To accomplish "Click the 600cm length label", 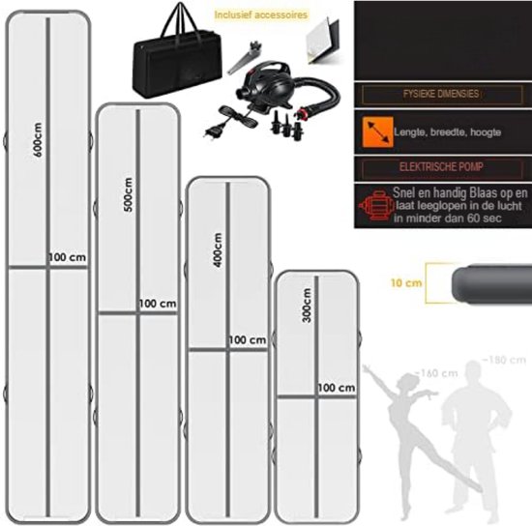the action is pyautogui.click(x=38, y=140).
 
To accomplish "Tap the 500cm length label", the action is pyautogui.click(x=129, y=194).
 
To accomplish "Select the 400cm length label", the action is pyautogui.click(x=219, y=249).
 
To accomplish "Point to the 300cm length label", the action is pyautogui.click(x=307, y=306).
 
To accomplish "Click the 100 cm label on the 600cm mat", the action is pyautogui.click(x=68, y=257).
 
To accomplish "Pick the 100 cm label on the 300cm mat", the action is pyautogui.click(x=337, y=388).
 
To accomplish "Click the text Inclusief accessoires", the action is pyautogui.click(x=261, y=15).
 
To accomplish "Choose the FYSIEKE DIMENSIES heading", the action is pyautogui.click(x=441, y=94).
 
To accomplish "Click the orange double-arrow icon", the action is pyautogui.click(x=377, y=132).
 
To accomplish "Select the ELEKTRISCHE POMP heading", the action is pyautogui.click(x=441, y=167).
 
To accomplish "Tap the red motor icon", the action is pyautogui.click(x=376, y=206).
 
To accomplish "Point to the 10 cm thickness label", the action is pyautogui.click(x=406, y=283).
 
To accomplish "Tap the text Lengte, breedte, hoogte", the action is pyautogui.click(x=448, y=132).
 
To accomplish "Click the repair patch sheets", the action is pyautogui.click(x=322, y=41).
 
